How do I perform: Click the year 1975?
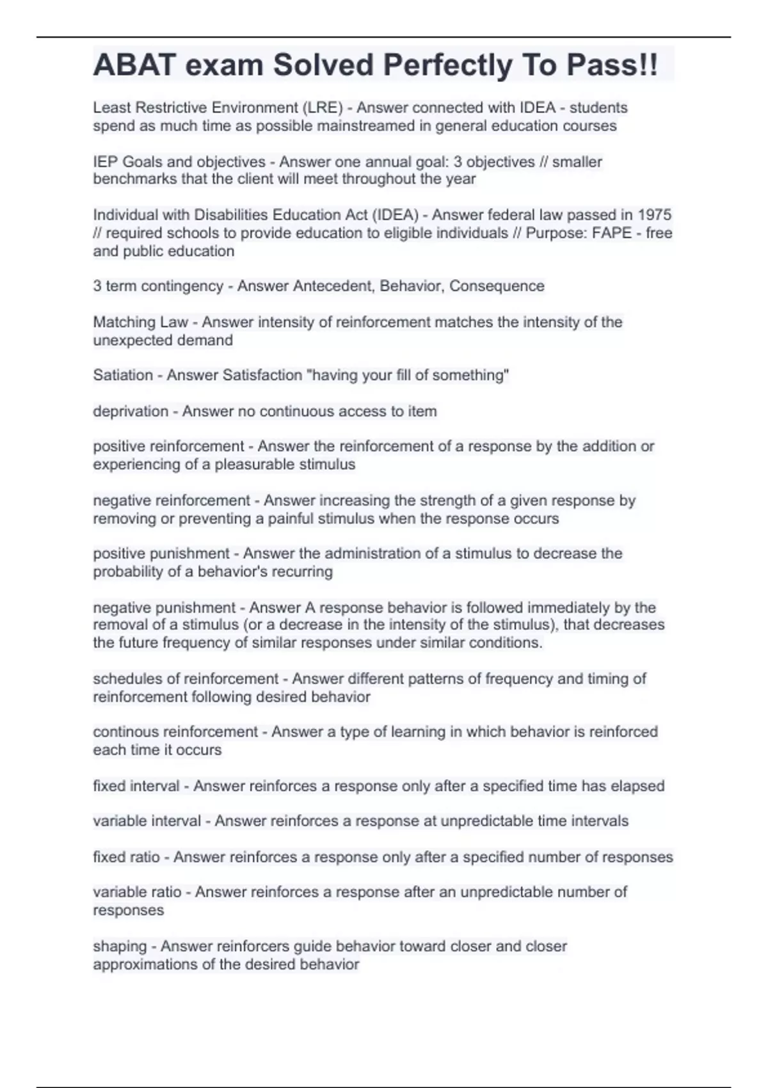click(x=655, y=215)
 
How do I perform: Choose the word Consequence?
click(x=497, y=286)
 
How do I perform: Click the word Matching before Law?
click(x=120, y=322)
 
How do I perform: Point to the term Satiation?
click(x=123, y=375)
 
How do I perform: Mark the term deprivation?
click(x=131, y=411)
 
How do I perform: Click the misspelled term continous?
click(x=126, y=732)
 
